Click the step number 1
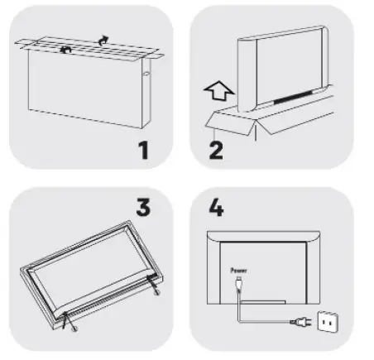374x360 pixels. pyautogui.click(x=143, y=150)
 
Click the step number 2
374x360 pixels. pyautogui.click(x=216, y=150)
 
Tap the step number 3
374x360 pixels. pyautogui.click(x=143, y=207)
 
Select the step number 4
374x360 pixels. pyautogui.click(x=216, y=207)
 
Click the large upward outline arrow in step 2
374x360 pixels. pyautogui.click(x=219, y=90)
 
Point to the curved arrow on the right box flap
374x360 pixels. pyautogui.click(x=103, y=41)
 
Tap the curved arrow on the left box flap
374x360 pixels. pyautogui.click(x=66, y=50)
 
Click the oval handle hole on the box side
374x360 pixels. pyautogui.click(x=146, y=74)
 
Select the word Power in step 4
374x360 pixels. pyautogui.click(x=238, y=271)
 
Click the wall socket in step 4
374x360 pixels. pyautogui.click(x=328, y=321)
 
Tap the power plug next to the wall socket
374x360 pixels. pyautogui.click(x=300, y=322)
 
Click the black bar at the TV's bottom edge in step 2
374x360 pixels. pyautogui.click(x=293, y=98)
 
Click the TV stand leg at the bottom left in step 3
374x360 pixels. pyautogui.click(x=69, y=321)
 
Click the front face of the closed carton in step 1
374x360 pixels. pyautogui.click(x=85, y=89)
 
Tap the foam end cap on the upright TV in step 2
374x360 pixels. pyautogui.click(x=247, y=75)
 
